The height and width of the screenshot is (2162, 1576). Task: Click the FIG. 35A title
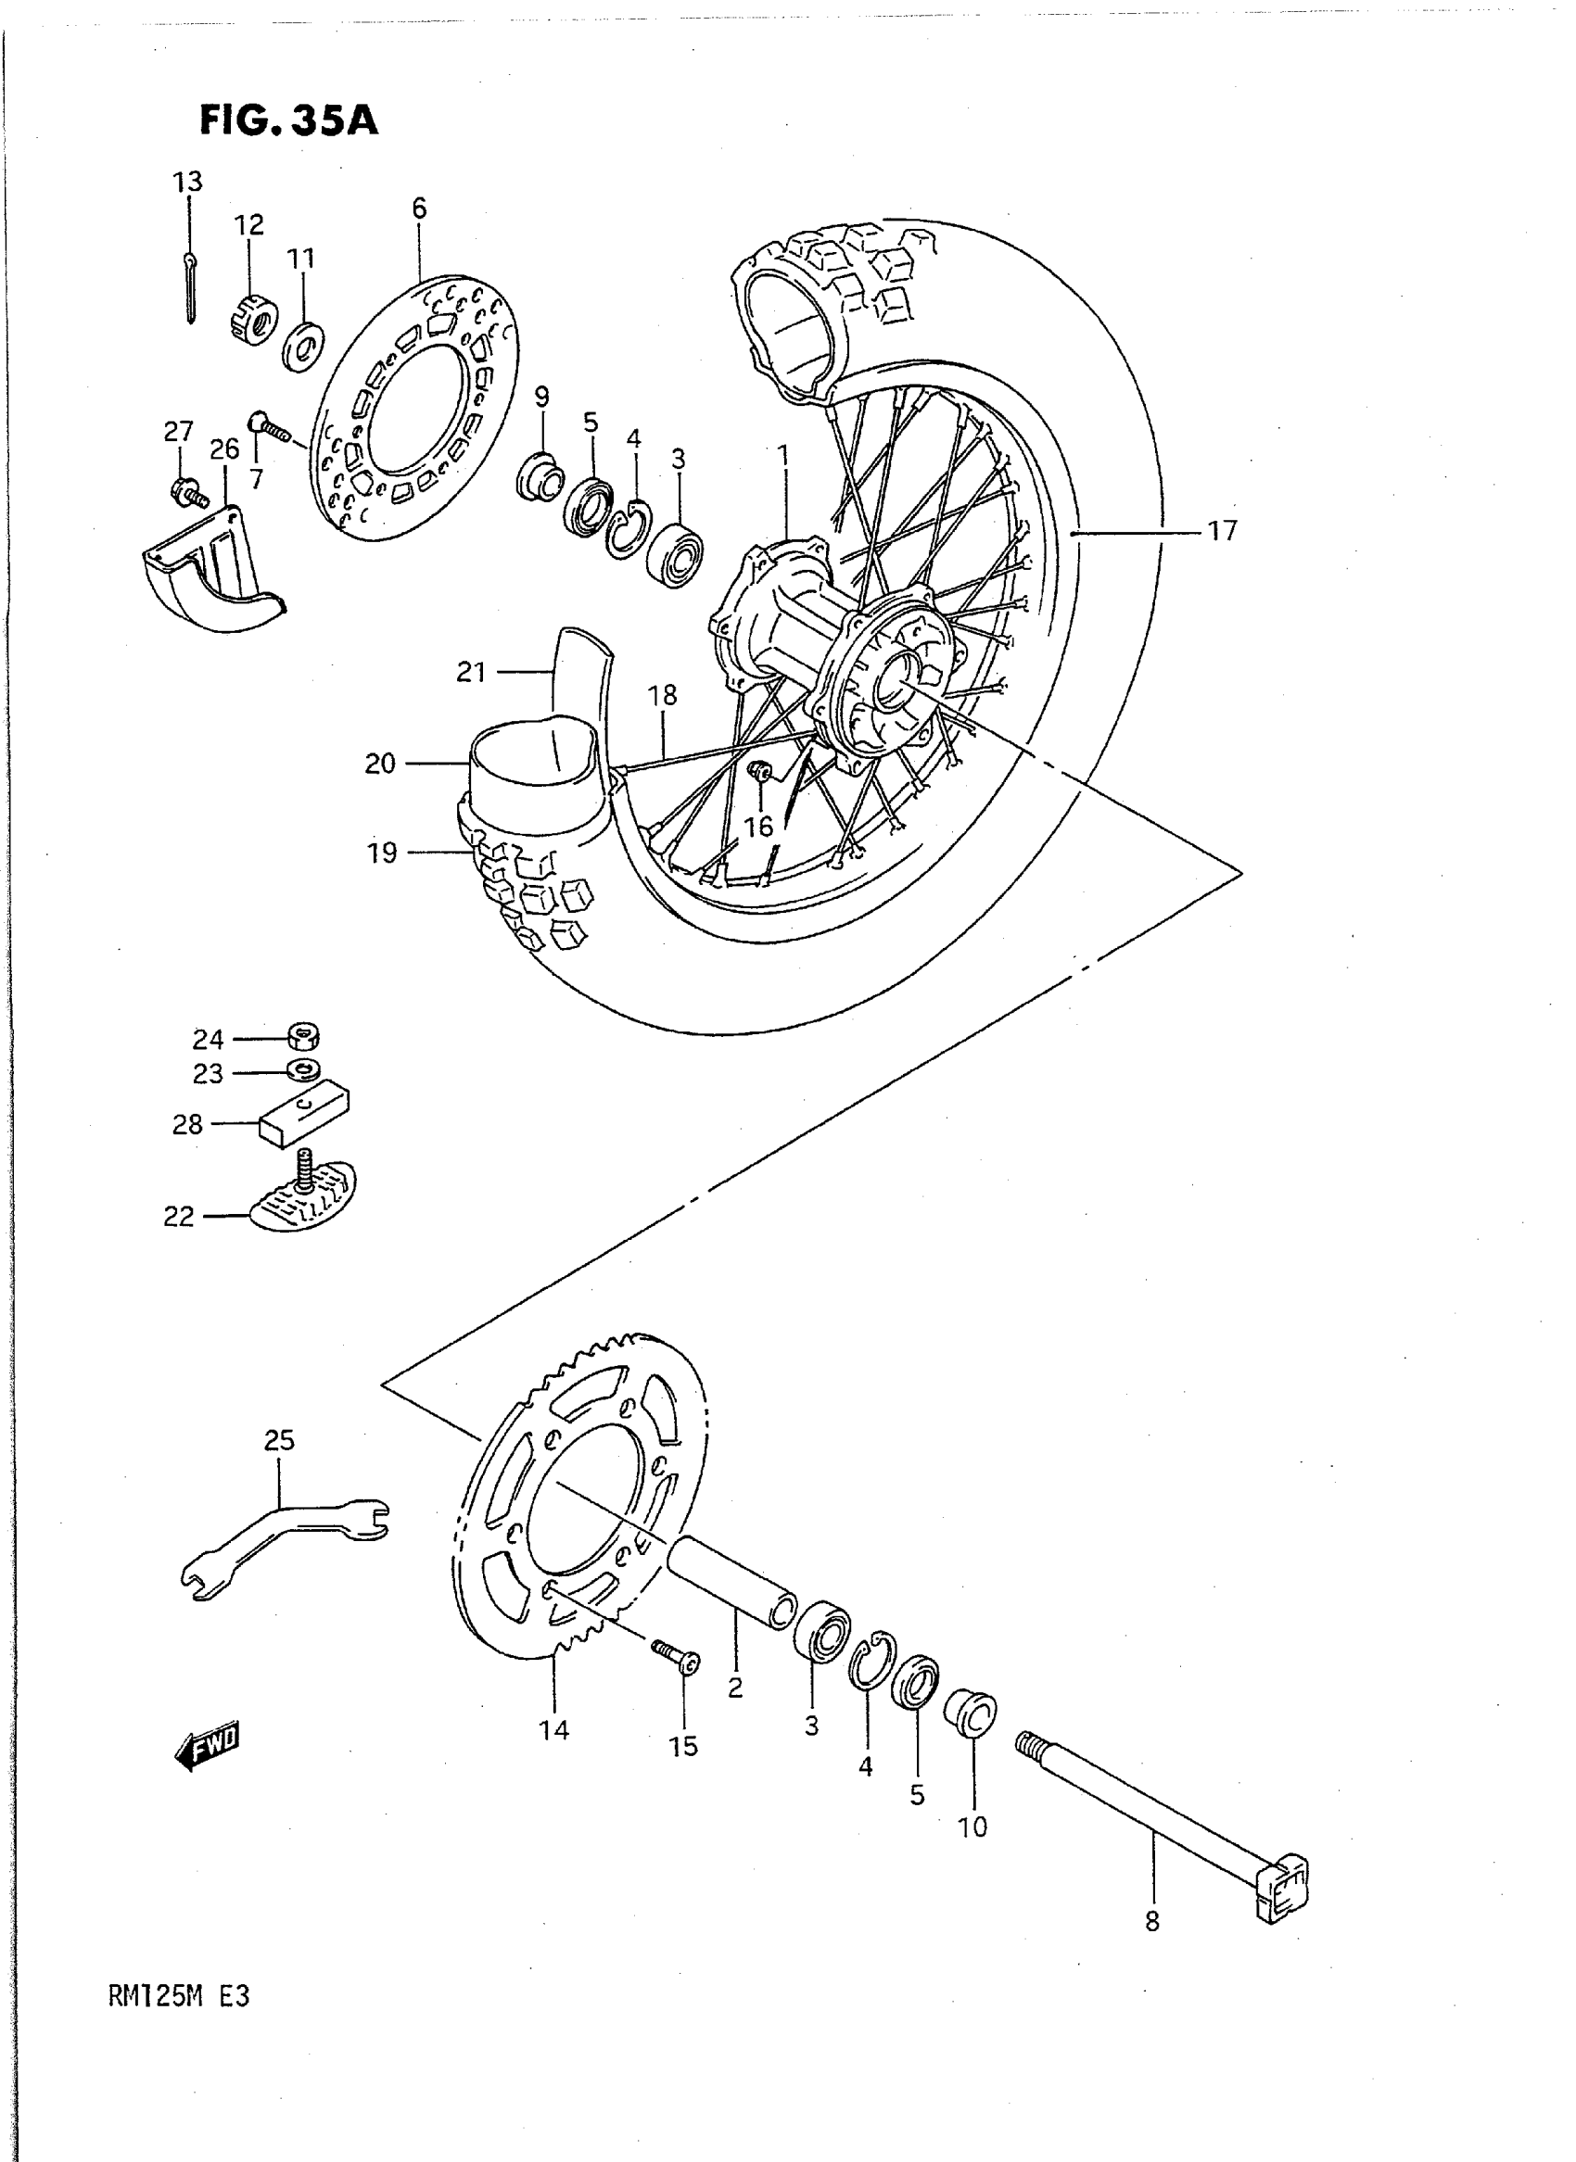click(x=289, y=121)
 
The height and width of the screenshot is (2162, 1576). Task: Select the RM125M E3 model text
click(x=179, y=1995)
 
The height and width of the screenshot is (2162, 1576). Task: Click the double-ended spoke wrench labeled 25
click(x=283, y=1538)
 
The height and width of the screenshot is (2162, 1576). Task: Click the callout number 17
click(x=1222, y=531)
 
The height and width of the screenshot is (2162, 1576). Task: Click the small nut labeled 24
click(x=303, y=1035)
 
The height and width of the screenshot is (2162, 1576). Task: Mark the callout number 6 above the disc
click(x=420, y=209)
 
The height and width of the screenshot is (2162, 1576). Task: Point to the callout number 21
click(x=471, y=674)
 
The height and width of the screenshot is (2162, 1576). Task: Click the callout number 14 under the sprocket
click(x=553, y=1729)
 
